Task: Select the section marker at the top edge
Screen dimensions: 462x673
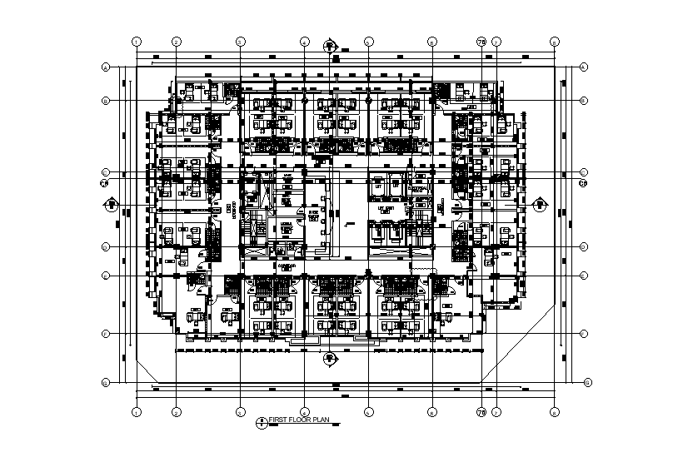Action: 331,45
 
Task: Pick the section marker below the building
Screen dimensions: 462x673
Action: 331,359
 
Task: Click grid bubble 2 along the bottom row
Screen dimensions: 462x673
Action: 177,411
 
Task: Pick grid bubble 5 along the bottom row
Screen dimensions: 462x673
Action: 367,411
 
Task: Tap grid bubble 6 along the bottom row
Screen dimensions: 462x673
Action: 432,411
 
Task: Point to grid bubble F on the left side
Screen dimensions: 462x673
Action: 106,334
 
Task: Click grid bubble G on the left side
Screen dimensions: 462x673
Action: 106,383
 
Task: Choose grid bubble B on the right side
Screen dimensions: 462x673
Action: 583,101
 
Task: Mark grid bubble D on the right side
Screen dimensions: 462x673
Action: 583,246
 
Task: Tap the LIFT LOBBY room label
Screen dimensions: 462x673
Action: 386,211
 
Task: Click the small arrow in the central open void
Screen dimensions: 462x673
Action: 348,224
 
